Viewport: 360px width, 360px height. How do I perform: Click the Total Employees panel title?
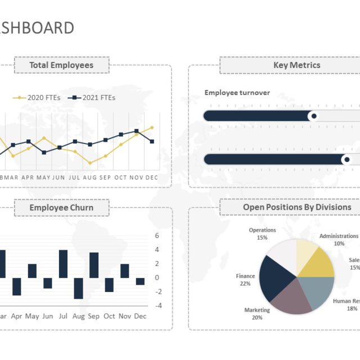tap(61, 65)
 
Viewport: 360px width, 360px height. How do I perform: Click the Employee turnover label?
tap(237, 93)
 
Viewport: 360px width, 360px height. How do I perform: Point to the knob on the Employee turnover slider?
tap(314, 116)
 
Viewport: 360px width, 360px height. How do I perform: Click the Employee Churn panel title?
tap(61, 208)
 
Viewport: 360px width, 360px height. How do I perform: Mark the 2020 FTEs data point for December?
tap(151, 128)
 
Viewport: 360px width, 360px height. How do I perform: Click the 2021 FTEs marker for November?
tap(136, 131)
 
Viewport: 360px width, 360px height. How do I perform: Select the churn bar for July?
tap(63, 264)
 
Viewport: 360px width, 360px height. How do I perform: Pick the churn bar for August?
tap(78, 288)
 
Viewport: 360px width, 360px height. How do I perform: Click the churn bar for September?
tap(94, 265)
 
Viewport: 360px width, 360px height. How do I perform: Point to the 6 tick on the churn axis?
tap(157, 236)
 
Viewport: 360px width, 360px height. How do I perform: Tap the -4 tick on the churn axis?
tap(159, 305)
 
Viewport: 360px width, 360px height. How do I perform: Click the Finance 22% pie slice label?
tap(245, 280)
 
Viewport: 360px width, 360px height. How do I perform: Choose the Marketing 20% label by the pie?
tap(257, 313)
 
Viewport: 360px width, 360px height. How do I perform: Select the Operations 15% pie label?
tap(262, 233)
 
